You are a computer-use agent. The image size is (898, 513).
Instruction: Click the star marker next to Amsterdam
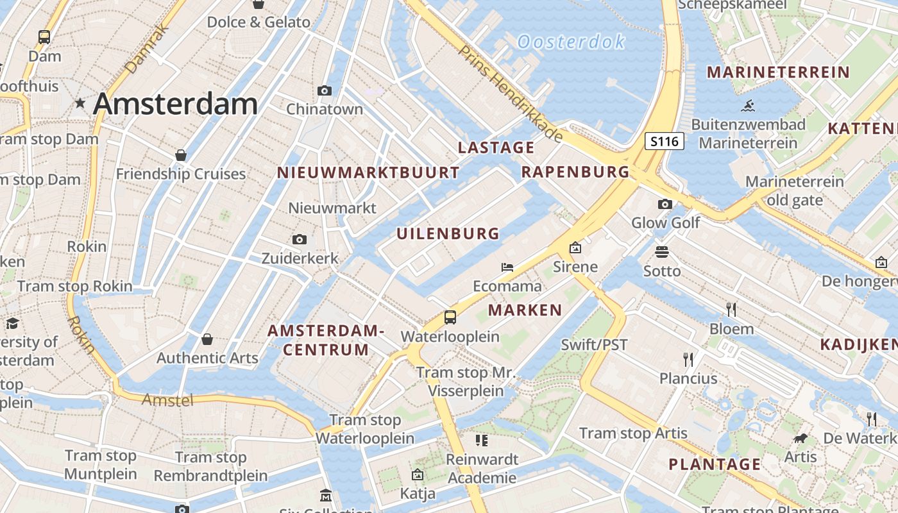pyautogui.click(x=80, y=103)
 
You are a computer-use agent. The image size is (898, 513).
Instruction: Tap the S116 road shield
pyautogui.click(x=665, y=141)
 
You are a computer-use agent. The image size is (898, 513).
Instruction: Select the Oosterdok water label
pyautogui.click(x=571, y=42)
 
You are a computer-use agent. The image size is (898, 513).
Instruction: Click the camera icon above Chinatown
pyautogui.click(x=325, y=90)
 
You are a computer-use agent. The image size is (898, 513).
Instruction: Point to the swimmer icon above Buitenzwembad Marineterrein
pyautogui.click(x=747, y=106)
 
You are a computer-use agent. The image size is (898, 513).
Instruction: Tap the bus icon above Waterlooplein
pyautogui.click(x=450, y=317)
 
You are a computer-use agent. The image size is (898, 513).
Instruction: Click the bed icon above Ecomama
pyautogui.click(x=507, y=267)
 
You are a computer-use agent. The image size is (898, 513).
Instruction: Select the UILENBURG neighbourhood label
pyautogui.click(x=448, y=233)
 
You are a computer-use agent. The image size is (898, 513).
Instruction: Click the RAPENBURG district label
pyautogui.click(x=575, y=172)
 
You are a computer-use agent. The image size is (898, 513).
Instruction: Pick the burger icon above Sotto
pyautogui.click(x=662, y=251)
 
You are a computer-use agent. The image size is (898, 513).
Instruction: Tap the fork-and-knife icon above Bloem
pyautogui.click(x=731, y=310)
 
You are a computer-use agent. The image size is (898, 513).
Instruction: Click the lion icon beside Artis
pyautogui.click(x=800, y=439)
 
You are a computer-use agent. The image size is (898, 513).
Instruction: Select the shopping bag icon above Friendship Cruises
pyautogui.click(x=181, y=155)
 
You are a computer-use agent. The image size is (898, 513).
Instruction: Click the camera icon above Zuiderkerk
pyautogui.click(x=299, y=240)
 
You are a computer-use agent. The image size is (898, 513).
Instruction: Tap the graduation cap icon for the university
pyautogui.click(x=12, y=323)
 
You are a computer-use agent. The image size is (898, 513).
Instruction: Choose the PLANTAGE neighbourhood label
pyautogui.click(x=715, y=464)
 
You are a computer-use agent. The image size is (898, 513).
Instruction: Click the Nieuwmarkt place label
pyautogui.click(x=332, y=208)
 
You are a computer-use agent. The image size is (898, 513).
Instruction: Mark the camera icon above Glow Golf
pyautogui.click(x=665, y=204)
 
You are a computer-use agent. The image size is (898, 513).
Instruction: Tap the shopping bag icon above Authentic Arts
pyautogui.click(x=207, y=339)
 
